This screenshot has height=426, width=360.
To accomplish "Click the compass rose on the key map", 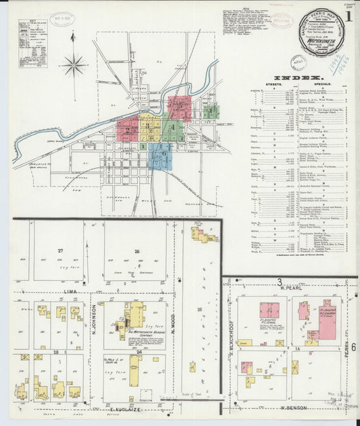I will (x=74, y=65).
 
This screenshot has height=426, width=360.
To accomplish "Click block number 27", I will (x=60, y=250).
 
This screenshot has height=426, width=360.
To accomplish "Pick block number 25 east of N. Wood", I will (x=199, y=309).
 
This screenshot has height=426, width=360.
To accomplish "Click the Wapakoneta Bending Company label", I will (x=139, y=334).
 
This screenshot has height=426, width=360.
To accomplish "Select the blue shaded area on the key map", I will (x=162, y=155).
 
